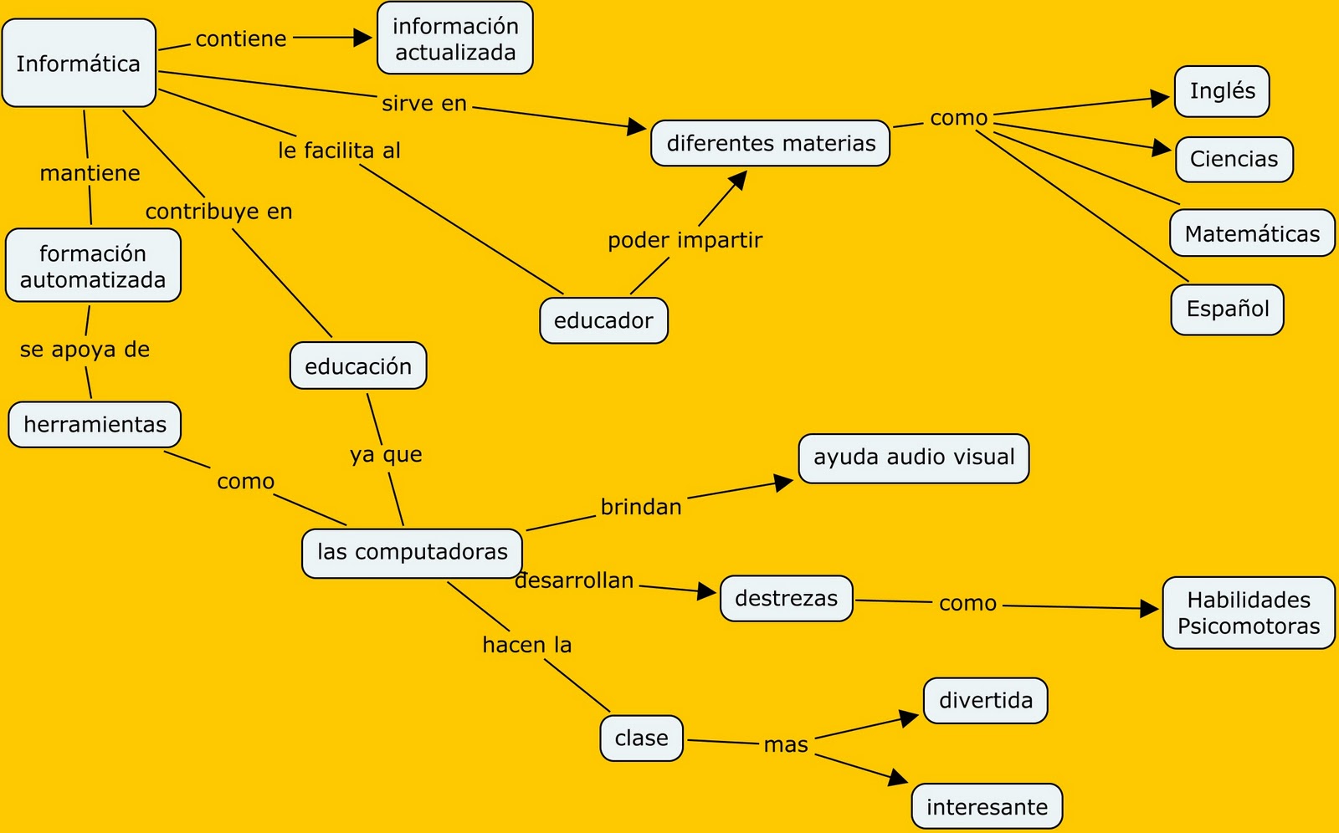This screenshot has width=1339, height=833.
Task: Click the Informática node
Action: tap(79, 64)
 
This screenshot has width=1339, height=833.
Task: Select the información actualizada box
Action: tap(454, 38)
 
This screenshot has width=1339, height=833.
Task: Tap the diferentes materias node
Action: tap(770, 143)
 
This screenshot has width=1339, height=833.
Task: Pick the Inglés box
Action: tap(1222, 91)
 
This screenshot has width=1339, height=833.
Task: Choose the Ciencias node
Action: tap(1234, 159)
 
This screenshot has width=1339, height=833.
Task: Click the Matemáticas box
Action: tap(1251, 233)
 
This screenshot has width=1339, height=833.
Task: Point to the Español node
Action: tap(1227, 309)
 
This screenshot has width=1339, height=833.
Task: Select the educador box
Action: tap(603, 320)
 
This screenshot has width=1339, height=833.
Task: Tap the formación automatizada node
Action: tap(93, 266)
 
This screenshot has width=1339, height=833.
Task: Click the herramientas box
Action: tap(95, 425)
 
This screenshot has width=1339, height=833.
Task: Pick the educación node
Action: tap(358, 366)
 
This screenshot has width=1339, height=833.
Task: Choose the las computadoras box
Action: tap(412, 552)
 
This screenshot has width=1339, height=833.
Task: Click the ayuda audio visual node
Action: tap(913, 457)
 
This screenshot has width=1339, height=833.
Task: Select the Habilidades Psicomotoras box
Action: tap(1248, 613)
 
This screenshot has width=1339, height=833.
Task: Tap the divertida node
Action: tap(985, 700)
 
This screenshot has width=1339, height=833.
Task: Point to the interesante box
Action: tap(987, 807)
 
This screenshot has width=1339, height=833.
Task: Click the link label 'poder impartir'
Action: tap(685, 240)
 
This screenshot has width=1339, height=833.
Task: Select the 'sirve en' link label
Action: tap(424, 104)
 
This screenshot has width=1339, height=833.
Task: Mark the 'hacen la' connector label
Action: tap(527, 645)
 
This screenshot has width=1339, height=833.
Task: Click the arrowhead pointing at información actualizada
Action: tap(364, 38)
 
